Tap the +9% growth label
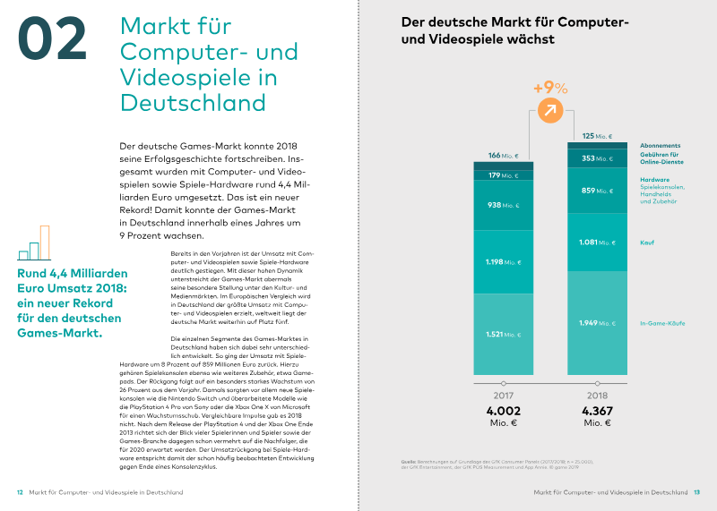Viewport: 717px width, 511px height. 550,88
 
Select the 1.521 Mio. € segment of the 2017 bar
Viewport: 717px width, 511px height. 504,334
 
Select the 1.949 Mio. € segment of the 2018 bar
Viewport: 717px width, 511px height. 597,323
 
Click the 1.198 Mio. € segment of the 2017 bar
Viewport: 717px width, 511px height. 504,263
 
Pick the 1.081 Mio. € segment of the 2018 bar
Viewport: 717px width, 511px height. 597,242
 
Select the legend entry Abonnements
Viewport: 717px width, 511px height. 660,146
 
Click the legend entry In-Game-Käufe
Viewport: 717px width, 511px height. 663,322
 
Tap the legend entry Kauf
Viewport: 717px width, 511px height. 646,242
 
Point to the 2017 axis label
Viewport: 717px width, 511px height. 503,395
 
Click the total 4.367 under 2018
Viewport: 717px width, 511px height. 597,411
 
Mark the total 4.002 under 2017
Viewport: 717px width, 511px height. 503,411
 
